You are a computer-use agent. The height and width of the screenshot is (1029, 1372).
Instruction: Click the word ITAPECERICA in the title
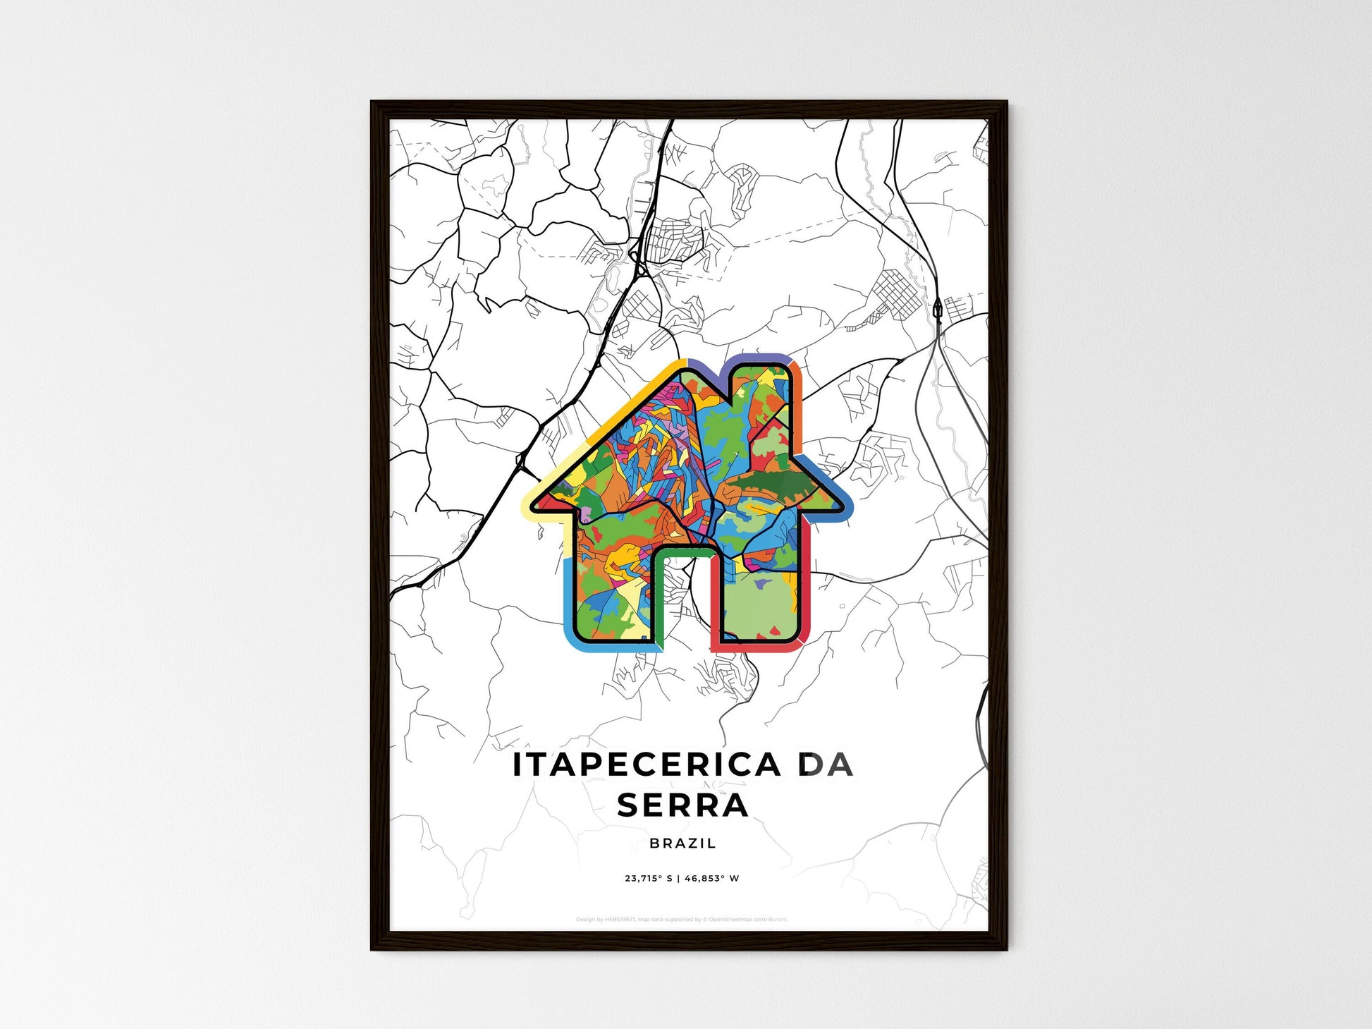[646, 765]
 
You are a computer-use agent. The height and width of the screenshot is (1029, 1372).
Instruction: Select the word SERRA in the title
[682, 805]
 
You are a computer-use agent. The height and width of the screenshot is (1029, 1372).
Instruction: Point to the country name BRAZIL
[682, 843]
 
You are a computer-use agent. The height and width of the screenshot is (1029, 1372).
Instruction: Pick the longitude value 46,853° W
[712, 879]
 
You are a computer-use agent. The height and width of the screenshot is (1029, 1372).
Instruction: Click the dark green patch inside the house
[772, 487]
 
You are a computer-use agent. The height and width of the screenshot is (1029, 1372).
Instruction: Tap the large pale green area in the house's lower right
[758, 603]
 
